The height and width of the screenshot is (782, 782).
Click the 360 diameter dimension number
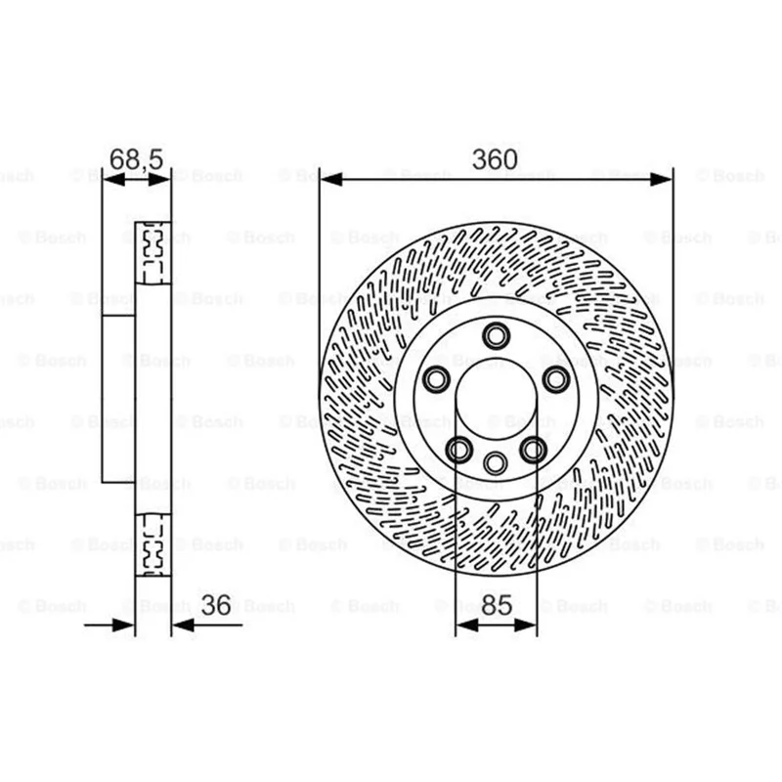(x=495, y=159)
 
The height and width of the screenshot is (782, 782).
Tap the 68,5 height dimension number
(x=136, y=159)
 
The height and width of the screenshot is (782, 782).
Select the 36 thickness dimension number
(x=216, y=605)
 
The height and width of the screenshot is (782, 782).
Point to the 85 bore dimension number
(x=497, y=605)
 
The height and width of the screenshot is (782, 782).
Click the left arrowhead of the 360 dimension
(x=330, y=179)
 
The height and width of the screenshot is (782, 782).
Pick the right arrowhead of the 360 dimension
(x=662, y=179)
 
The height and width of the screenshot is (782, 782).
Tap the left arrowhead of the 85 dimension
(x=467, y=625)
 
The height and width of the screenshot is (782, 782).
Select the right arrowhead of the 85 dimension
(x=526, y=625)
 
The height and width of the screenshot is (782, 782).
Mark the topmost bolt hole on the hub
(x=497, y=335)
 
